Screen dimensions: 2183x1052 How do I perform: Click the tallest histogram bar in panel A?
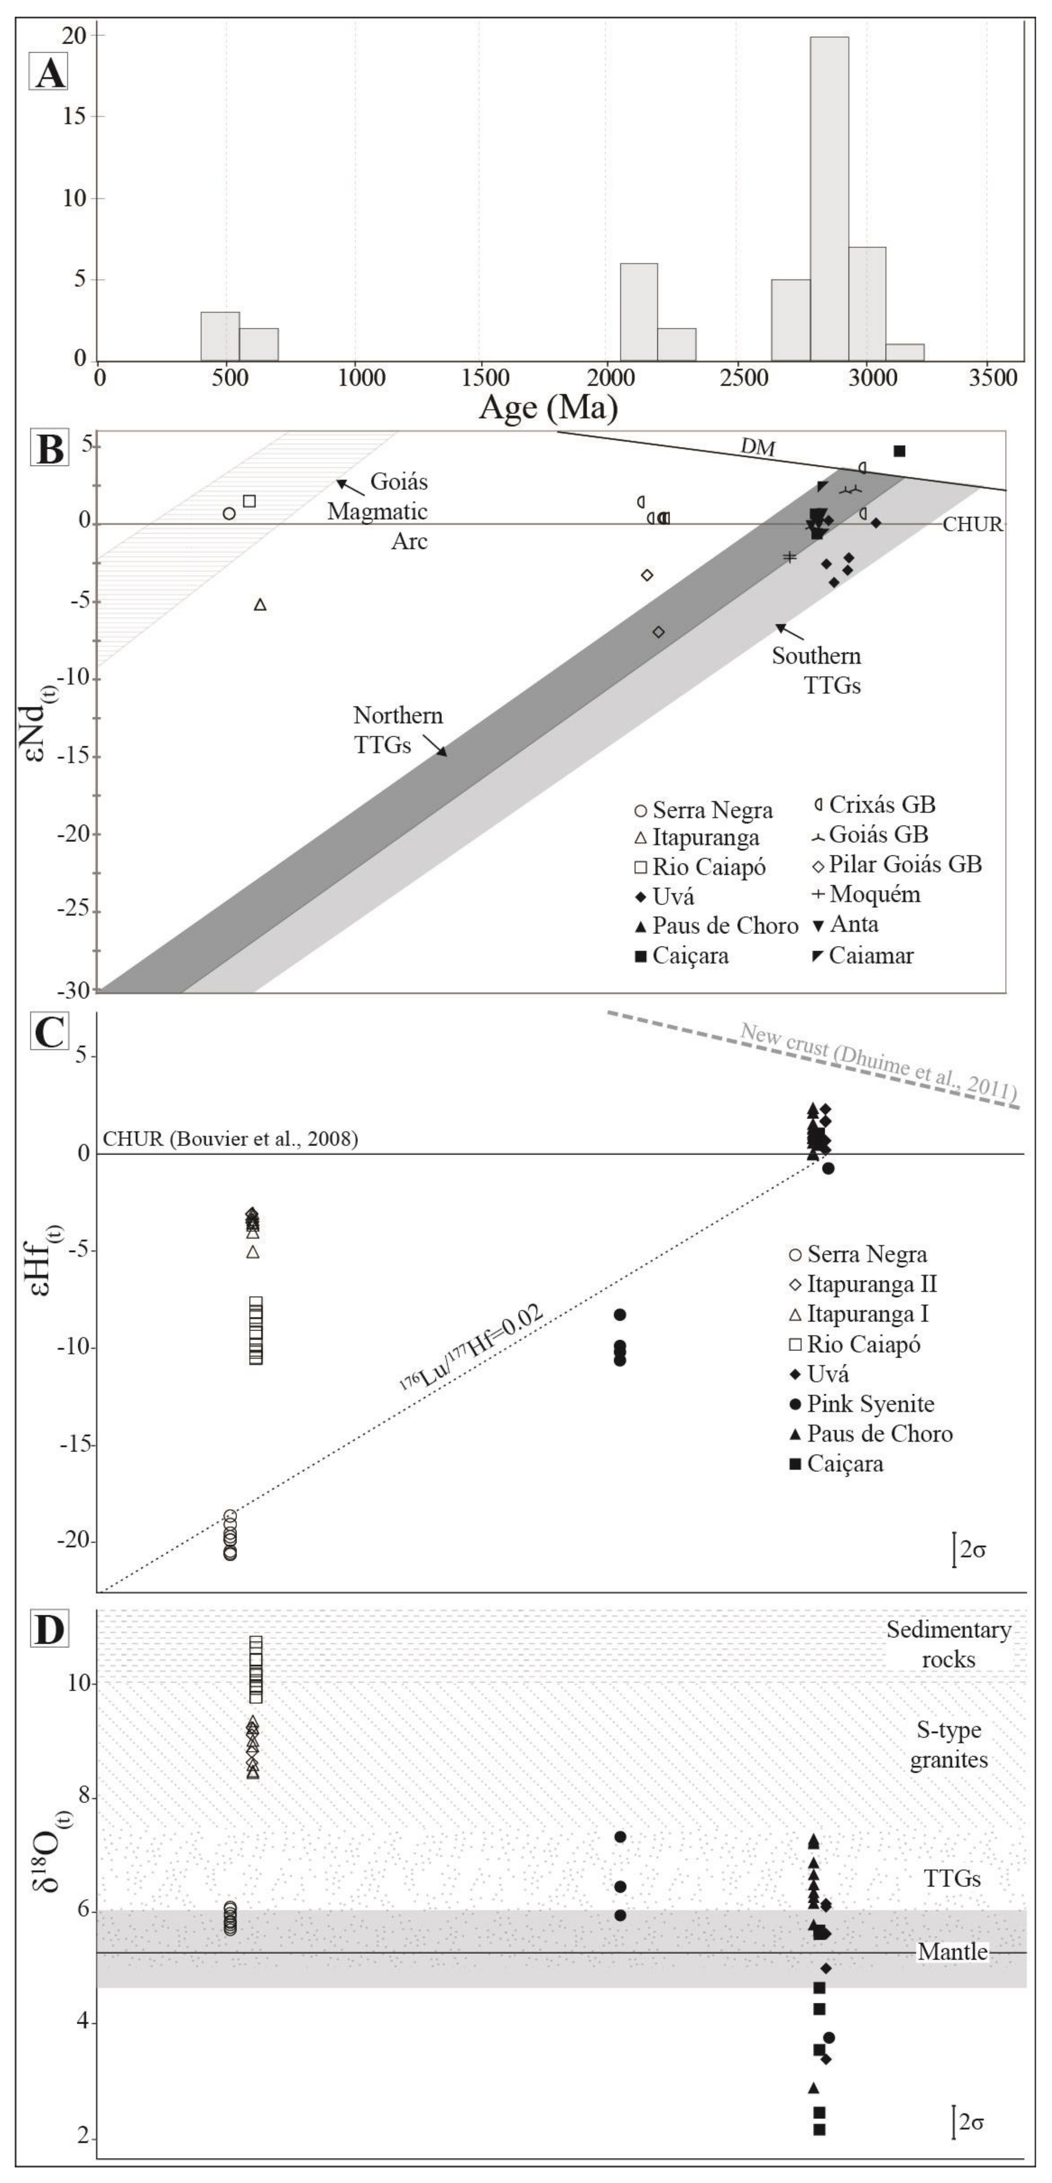829,199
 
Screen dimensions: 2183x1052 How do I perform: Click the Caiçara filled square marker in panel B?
900,451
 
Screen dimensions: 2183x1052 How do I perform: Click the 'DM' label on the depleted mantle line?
758,447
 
